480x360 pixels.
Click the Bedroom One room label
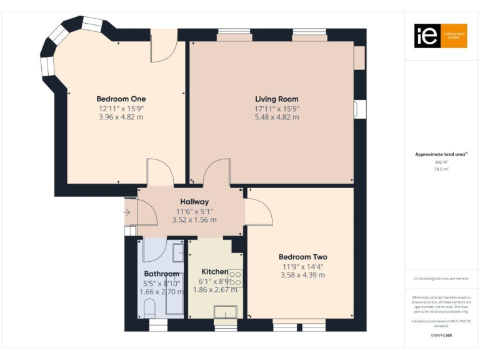121,99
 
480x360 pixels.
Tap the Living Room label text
276,99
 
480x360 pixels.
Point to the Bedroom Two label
302,257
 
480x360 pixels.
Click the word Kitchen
215,272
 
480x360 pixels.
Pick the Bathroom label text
162,274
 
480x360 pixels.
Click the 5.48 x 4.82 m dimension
277,117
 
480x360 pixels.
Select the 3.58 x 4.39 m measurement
302,275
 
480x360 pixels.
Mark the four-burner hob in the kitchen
236,279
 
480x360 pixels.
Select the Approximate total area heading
441,154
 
